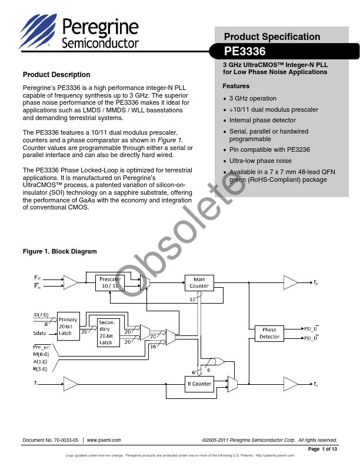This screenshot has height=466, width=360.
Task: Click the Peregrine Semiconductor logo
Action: tap(79, 32)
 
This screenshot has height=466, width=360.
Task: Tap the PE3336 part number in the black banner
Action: tap(245, 51)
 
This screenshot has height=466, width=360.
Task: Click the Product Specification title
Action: tap(272, 36)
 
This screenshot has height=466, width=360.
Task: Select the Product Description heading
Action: tap(56, 75)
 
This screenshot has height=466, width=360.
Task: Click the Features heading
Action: tap(236, 86)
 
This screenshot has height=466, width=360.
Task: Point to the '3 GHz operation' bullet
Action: tap(252, 98)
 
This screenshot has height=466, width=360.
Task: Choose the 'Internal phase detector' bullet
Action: tap(262, 120)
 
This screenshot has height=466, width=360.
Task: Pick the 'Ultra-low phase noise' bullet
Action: tap(260, 161)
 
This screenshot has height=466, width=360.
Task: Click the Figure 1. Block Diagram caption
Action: tap(59, 251)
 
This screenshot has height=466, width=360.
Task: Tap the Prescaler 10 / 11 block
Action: tap(110, 282)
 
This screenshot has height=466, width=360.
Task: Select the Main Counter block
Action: tap(199, 282)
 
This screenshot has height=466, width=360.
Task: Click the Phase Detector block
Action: tap(269, 333)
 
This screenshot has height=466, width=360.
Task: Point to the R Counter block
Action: tap(199, 384)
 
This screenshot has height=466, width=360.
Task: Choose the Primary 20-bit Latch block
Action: tap(68, 327)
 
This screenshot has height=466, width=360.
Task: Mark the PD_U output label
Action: tap(311, 328)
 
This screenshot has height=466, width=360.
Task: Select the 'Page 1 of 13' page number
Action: tap(322, 449)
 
